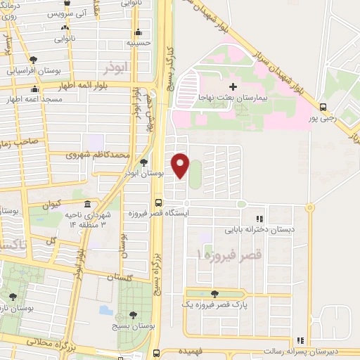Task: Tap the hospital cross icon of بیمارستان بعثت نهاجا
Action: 233,86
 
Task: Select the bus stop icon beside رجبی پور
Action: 323,108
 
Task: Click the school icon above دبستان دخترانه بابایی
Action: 259,219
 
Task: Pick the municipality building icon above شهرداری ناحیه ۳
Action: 87,205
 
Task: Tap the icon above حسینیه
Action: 139,32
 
